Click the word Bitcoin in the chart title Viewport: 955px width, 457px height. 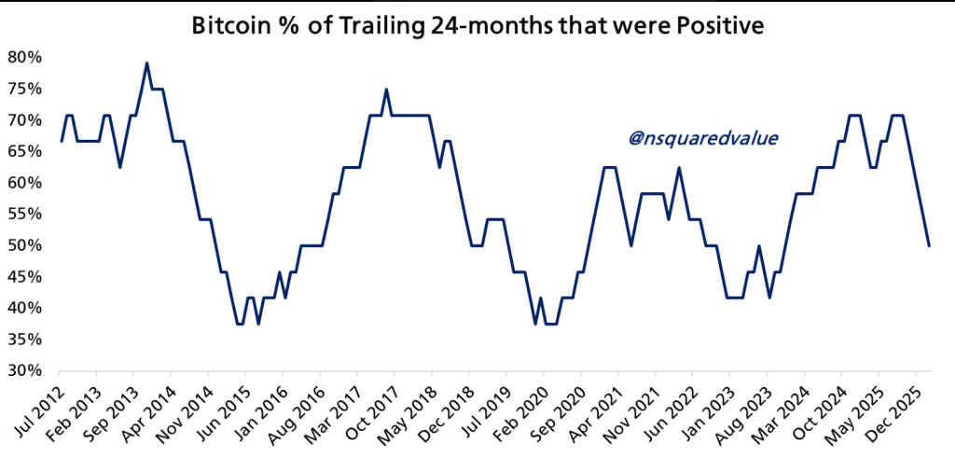tap(232, 27)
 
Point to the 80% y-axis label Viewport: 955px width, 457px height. tap(24, 57)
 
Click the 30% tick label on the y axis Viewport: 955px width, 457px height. tap(24, 370)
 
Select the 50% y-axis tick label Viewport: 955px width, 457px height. tap(24, 245)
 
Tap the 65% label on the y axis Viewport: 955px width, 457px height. tap(24, 151)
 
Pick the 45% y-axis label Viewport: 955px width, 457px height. tap(24, 277)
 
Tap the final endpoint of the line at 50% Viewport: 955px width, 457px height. tap(929, 245)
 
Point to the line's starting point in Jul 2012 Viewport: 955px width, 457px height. tap(62, 141)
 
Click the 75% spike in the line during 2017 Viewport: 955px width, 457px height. tap(386, 90)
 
